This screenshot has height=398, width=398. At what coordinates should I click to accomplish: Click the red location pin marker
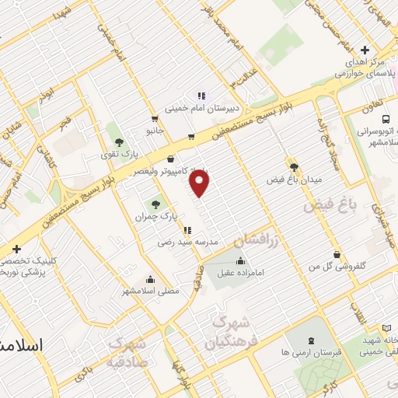click(200, 183)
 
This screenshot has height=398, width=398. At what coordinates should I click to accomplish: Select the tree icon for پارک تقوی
click(119, 141)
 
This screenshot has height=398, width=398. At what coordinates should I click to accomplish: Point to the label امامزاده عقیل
click(240, 273)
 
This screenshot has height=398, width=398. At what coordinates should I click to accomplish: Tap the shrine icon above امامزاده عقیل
click(240, 260)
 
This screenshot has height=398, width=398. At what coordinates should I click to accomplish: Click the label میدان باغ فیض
click(294, 180)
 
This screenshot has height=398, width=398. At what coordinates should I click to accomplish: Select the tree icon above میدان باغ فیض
click(294, 166)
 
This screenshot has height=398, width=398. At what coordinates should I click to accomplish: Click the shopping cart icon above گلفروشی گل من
click(336, 254)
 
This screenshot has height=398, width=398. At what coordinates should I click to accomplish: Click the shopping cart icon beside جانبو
click(155, 119)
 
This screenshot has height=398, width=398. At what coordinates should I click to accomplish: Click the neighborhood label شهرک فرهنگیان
click(228, 332)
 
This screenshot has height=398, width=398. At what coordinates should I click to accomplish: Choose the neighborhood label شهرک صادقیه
click(127, 351)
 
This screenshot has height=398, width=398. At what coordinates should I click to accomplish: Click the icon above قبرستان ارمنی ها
click(312, 340)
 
